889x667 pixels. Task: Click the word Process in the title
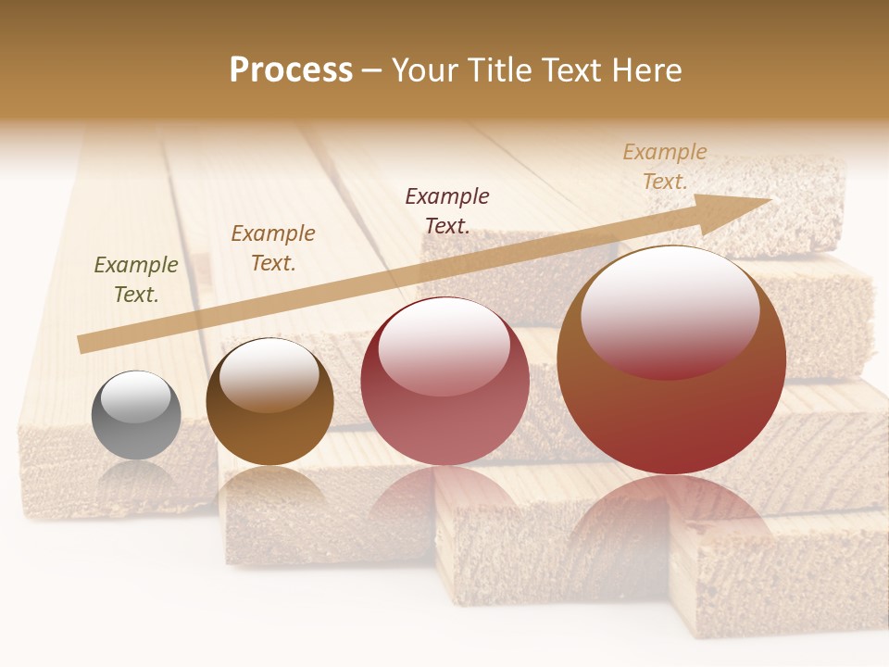(291, 69)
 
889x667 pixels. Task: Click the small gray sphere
(136, 415)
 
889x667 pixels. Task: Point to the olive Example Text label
(136, 280)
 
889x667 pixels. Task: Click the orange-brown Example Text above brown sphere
(273, 248)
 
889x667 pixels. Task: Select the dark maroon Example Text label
(447, 210)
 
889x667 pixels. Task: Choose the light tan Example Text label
(664, 167)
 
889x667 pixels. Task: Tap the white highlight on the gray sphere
(135, 396)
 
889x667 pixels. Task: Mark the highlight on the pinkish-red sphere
(444, 345)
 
